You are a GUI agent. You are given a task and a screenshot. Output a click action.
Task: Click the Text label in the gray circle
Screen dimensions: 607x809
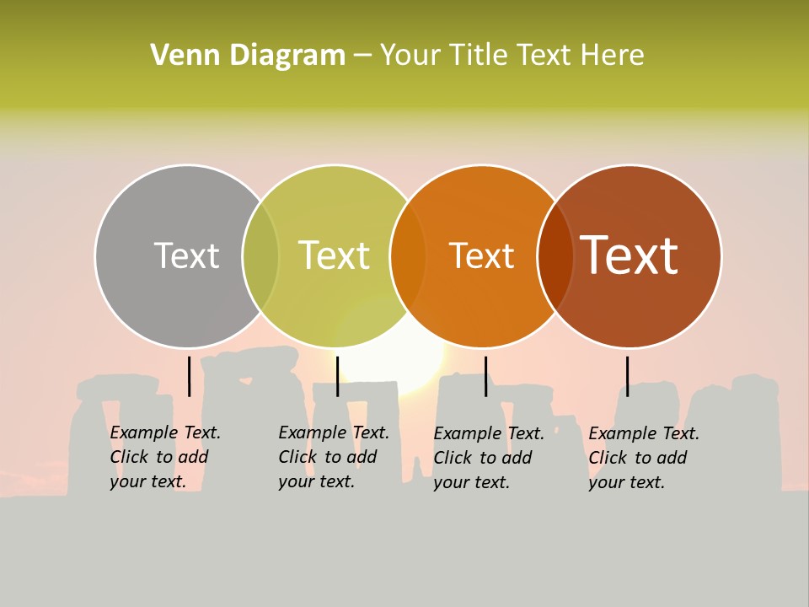186,255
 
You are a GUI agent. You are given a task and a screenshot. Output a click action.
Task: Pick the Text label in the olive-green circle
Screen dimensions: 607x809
334,255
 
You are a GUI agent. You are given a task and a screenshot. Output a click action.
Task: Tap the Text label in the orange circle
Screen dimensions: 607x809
481,255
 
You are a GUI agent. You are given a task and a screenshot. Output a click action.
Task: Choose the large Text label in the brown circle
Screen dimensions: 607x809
630,255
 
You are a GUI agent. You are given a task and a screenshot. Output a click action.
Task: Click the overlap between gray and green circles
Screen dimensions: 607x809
260,256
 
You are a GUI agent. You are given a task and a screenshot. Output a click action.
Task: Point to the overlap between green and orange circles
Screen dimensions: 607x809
408,256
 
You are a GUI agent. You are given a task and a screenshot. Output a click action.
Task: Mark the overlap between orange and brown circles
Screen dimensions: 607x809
555,256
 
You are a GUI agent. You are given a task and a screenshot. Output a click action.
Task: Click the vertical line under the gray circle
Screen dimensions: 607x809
189,376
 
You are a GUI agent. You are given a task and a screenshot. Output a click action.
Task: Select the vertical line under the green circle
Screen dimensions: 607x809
337,376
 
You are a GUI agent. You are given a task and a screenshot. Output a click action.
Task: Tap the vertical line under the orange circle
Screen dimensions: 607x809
485,376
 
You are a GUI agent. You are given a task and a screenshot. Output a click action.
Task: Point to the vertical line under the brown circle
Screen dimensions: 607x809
627,376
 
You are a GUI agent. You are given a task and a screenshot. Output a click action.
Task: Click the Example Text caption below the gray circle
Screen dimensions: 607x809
164,457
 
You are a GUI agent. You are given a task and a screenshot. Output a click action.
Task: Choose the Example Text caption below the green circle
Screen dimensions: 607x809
333,457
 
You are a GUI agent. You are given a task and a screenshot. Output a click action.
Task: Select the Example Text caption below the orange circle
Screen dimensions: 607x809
488,458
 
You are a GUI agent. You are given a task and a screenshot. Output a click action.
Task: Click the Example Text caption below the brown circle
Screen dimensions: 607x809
643,458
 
